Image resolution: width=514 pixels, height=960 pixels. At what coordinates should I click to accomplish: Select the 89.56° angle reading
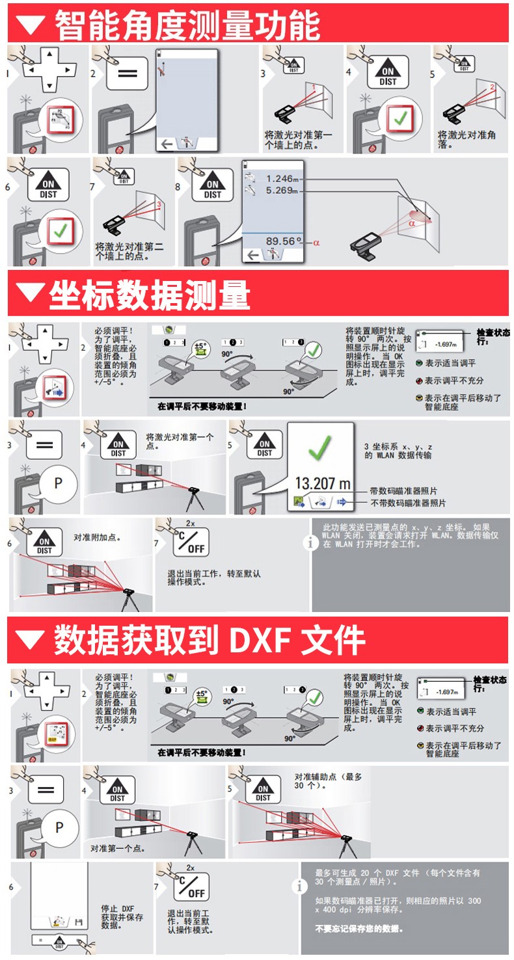[x=284, y=241]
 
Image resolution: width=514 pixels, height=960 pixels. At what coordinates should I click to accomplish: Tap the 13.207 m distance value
[x=322, y=483]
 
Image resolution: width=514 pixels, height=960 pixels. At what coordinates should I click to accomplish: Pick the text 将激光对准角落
[x=467, y=139]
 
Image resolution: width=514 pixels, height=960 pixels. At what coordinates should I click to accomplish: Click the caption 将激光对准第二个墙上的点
[x=129, y=251]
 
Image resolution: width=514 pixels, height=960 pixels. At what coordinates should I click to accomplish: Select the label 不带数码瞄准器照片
[x=408, y=503]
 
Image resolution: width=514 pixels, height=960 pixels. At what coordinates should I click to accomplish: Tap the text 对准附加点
[x=97, y=538]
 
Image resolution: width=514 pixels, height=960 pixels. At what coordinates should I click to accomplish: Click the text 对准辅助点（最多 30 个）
[x=328, y=781]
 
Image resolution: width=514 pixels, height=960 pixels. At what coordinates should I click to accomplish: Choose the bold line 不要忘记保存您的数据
[x=358, y=929]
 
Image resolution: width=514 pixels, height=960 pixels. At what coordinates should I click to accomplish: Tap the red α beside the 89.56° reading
[x=317, y=242]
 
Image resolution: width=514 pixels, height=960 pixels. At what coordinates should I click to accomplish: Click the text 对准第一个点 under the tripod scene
[x=118, y=848]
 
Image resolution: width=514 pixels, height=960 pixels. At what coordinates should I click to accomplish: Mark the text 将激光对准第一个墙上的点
[x=297, y=140]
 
